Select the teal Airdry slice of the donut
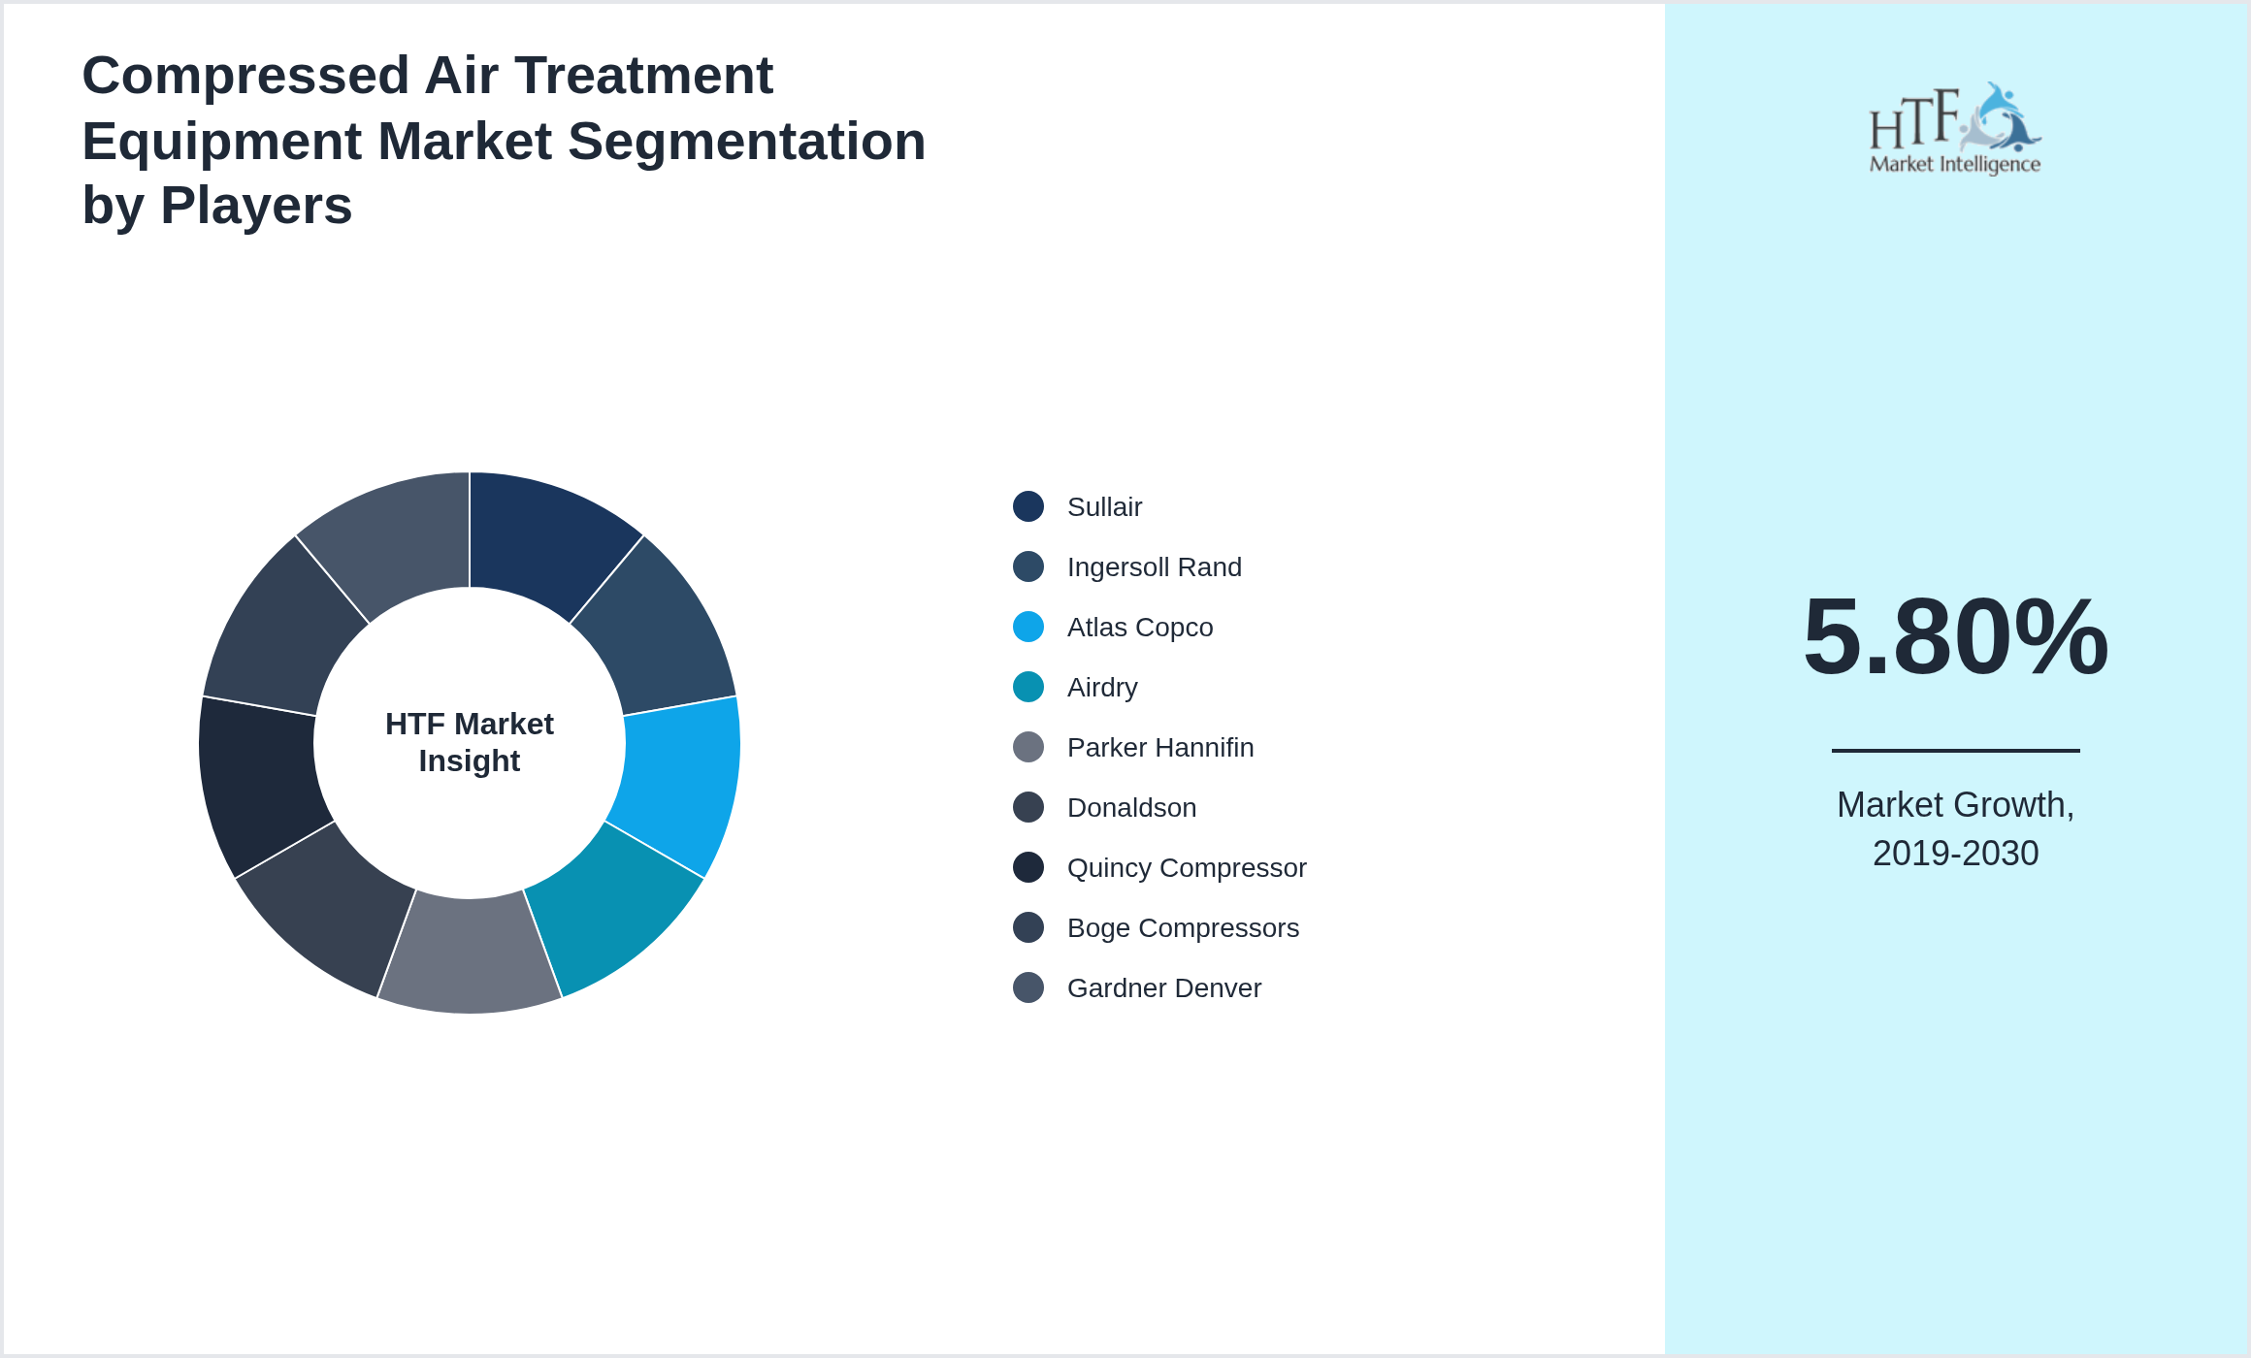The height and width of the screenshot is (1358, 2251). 617,912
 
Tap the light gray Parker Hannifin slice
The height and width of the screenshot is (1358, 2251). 470,955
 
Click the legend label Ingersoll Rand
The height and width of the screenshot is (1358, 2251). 1154,567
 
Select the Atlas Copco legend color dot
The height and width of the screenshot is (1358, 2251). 1028,628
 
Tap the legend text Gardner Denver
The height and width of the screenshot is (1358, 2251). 1163,988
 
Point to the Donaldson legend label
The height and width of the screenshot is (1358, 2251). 1131,808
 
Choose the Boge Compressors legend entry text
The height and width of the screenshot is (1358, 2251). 1182,928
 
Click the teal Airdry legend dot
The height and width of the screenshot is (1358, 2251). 1028,688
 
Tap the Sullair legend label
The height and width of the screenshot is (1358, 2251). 1104,507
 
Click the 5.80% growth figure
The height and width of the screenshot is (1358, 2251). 1955,637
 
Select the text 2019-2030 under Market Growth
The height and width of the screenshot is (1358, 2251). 1955,854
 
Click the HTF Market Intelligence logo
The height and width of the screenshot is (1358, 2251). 1955,129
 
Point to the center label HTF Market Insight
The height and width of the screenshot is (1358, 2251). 470,742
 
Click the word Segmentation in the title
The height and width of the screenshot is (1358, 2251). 746,142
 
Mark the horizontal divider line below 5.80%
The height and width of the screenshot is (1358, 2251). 1955,751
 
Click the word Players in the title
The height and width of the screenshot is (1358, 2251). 256,206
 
